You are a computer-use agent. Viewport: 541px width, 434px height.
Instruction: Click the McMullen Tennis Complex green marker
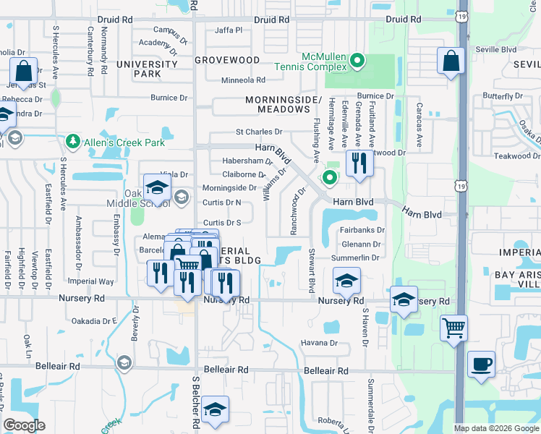(x=357, y=61)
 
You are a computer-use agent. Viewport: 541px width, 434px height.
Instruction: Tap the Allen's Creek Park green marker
(x=72, y=140)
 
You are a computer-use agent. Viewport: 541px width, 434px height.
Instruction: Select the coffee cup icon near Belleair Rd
(x=481, y=364)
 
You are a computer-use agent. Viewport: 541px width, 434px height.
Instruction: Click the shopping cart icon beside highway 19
(x=453, y=328)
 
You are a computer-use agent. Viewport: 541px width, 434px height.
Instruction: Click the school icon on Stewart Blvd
(x=347, y=281)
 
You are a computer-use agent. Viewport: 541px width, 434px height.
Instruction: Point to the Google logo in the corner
(x=24, y=425)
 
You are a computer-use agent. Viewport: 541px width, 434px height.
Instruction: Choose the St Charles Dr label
(x=259, y=132)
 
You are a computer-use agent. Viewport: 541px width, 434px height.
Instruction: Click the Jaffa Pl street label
(x=229, y=30)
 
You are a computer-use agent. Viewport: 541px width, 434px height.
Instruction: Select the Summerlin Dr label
(x=355, y=258)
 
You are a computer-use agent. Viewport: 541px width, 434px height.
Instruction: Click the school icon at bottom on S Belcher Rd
(x=215, y=409)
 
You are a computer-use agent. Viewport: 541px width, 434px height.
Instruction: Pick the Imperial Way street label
(x=90, y=281)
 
